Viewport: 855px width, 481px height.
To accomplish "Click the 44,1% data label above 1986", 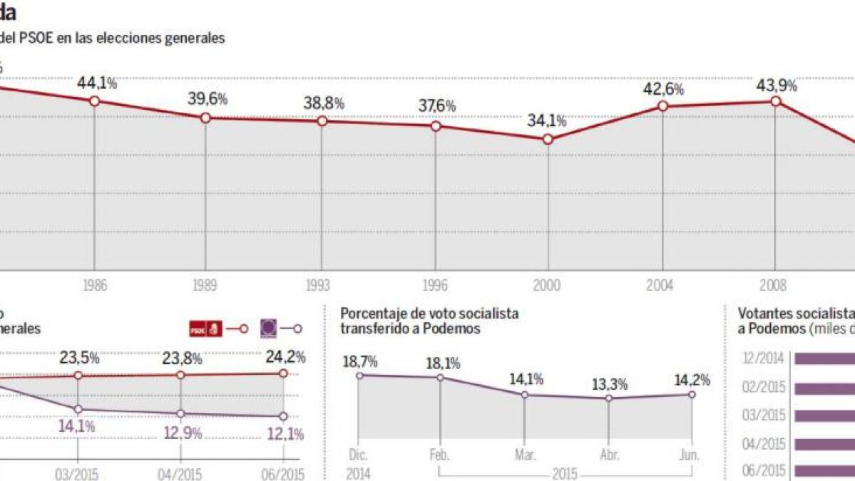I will (97, 83).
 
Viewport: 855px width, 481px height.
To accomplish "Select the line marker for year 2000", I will (548, 140).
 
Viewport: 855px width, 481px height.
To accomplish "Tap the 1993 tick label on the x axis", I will (317, 286).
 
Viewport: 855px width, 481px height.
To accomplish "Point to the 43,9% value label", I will (777, 85).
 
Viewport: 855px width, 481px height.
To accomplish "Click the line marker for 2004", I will (662, 106).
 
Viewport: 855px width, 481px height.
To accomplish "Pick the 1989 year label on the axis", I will (205, 286).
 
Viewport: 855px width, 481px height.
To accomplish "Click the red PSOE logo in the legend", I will (205, 329).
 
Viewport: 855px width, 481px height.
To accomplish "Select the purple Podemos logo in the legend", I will (270, 329).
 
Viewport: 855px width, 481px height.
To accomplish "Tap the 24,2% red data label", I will (285, 356).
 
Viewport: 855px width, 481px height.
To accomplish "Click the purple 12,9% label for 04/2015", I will (182, 433).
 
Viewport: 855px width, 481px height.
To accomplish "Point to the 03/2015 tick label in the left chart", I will (76, 475).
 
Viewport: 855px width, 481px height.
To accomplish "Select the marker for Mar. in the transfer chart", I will (525, 395).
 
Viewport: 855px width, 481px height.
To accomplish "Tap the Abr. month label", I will (609, 455).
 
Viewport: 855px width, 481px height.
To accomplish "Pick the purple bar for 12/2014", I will (824, 359).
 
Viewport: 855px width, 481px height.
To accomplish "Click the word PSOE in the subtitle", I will (39, 38).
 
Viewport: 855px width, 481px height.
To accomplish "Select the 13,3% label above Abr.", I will (610, 385).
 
